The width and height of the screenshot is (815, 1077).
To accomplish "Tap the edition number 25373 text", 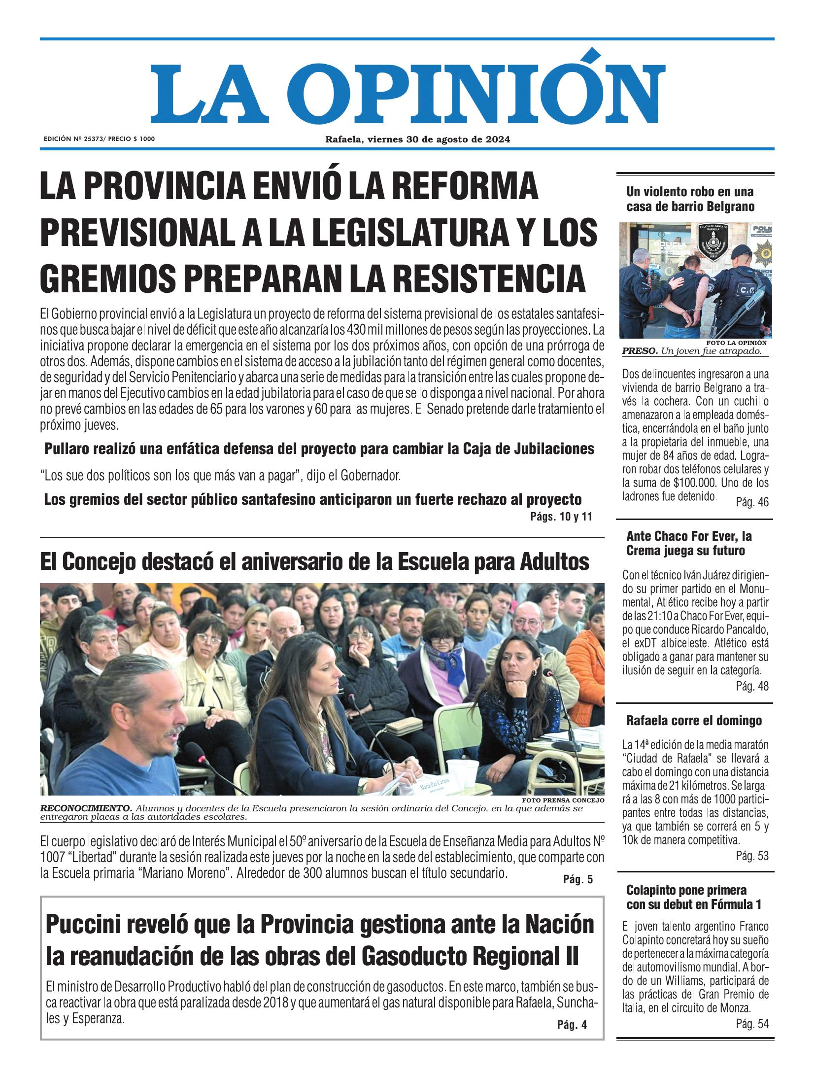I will point(96,139).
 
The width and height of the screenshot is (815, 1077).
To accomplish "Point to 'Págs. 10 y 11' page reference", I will point(560,517).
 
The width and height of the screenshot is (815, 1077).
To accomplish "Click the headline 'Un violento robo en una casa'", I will point(690,199).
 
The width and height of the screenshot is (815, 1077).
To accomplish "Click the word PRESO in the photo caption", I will point(639,351).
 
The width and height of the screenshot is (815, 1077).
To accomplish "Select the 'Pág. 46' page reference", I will point(752,502).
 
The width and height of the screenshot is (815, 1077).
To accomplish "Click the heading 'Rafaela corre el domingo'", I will point(694,721).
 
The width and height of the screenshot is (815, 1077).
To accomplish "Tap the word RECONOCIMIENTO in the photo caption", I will point(86,809).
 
